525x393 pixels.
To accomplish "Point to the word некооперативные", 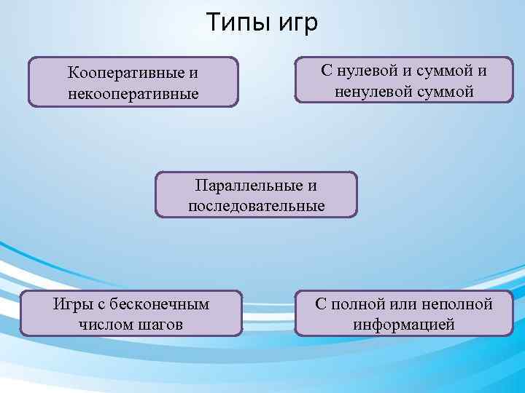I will [133, 95].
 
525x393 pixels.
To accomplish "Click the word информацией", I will [404, 324].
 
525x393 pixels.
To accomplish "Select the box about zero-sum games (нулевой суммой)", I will [403, 80].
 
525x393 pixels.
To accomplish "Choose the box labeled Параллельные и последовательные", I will [257, 195].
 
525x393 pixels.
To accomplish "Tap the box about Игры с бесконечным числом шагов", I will [131, 314].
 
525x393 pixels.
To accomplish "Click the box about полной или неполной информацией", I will [404, 314].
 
